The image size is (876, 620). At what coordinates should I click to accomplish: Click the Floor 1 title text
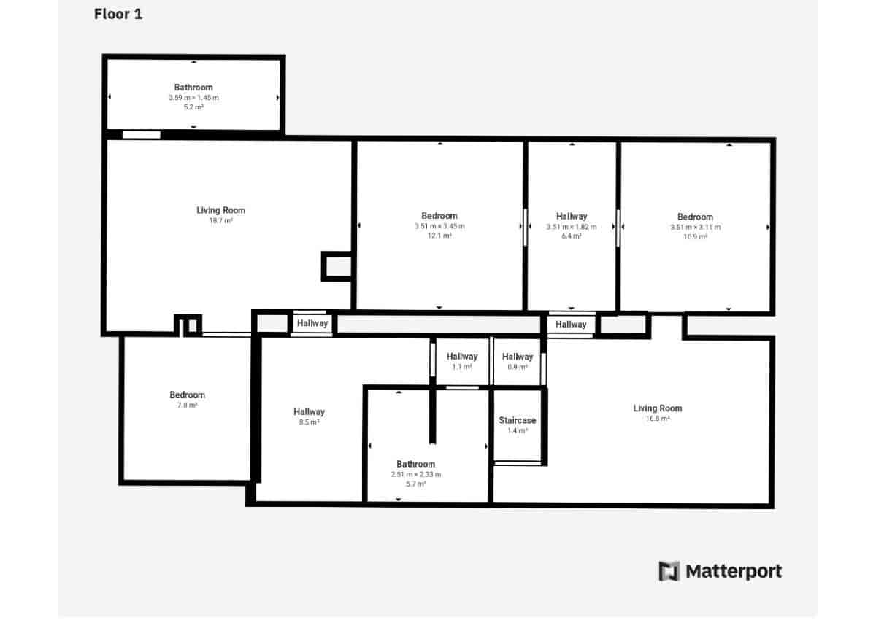(x=118, y=14)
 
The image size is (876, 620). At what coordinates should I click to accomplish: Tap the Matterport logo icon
(x=669, y=571)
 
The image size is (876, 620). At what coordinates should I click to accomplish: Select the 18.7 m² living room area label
(x=220, y=220)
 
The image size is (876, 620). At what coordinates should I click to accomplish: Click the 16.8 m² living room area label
(x=657, y=419)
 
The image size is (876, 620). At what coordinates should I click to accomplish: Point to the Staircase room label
(x=517, y=420)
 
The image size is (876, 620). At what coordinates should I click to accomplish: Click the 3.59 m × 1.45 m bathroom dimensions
(x=193, y=97)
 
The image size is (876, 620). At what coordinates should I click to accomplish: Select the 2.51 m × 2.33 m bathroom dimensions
(x=415, y=474)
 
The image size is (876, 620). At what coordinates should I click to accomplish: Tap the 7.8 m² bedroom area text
(x=188, y=405)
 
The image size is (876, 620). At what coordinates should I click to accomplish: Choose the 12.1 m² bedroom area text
(x=439, y=236)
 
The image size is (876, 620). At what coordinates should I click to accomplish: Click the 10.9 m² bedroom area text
(x=695, y=236)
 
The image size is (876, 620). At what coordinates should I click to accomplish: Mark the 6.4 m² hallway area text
(x=572, y=236)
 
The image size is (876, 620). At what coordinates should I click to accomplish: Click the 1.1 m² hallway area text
(x=462, y=367)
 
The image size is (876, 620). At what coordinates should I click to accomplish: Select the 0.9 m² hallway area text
(x=518, y=367)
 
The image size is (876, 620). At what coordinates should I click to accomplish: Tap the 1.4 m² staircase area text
(x=517, y=430)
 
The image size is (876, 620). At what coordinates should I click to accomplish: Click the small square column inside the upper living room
(x=337, y=266)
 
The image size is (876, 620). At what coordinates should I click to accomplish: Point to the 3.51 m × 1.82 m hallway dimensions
(x=572, y=226)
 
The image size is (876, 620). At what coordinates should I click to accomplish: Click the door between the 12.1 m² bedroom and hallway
(x=525, y=227)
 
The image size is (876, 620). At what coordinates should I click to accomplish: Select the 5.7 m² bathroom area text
(x=415, y=484)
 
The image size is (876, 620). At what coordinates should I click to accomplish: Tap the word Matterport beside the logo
(x=733, y=571)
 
